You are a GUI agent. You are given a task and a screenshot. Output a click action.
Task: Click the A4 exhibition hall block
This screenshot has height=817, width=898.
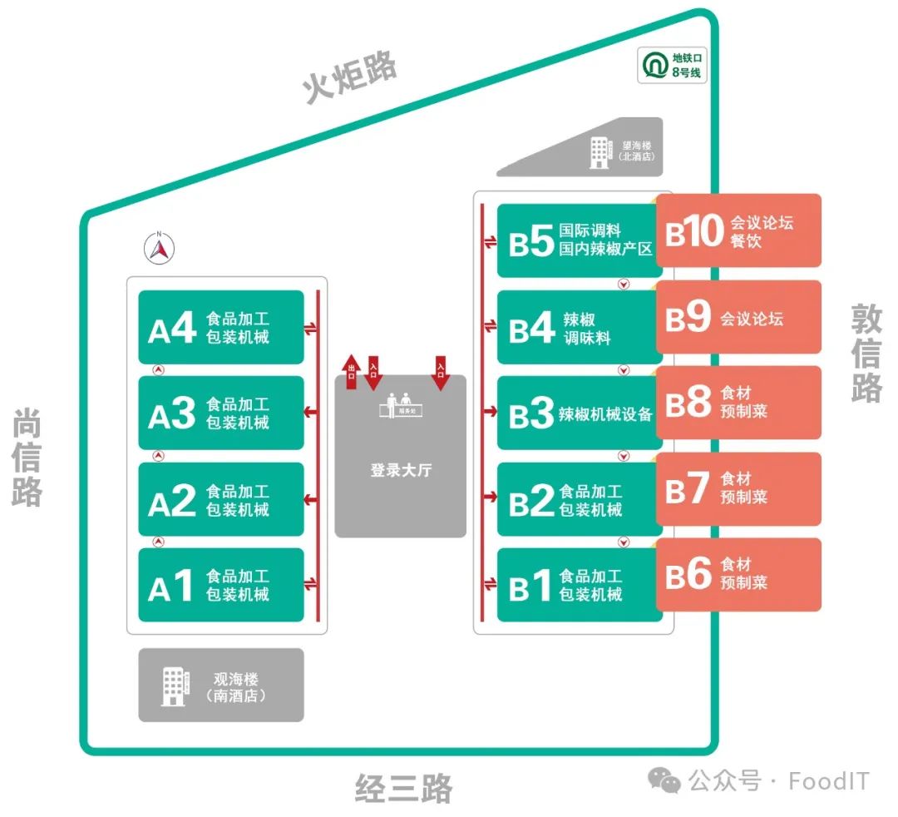220,327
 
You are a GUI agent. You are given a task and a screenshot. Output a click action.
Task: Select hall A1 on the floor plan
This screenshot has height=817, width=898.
220,584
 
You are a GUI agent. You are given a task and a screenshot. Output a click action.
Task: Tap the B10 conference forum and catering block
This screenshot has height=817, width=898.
738,230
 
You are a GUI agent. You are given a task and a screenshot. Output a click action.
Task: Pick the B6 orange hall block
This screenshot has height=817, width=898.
738,574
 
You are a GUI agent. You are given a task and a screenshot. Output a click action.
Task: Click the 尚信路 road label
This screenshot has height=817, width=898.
27,458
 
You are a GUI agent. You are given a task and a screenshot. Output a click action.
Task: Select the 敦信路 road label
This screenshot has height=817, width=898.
866,353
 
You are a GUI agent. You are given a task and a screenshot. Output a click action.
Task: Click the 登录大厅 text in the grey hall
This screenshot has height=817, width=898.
401,471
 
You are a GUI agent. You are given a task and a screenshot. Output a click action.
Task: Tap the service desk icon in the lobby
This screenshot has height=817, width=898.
400,405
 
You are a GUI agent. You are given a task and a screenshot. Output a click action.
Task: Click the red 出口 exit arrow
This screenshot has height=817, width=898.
351,371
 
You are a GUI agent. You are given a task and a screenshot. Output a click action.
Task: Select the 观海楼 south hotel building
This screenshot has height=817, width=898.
220,685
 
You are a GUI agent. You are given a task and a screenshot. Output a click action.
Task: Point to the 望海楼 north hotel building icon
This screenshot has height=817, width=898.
599,152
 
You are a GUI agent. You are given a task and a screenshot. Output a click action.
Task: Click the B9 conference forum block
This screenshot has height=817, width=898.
738,317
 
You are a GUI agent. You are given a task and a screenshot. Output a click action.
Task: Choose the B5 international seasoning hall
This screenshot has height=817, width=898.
580,240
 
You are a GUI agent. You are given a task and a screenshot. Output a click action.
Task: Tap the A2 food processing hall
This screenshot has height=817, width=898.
220,499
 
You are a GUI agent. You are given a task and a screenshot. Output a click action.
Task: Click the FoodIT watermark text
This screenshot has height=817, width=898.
828,781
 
